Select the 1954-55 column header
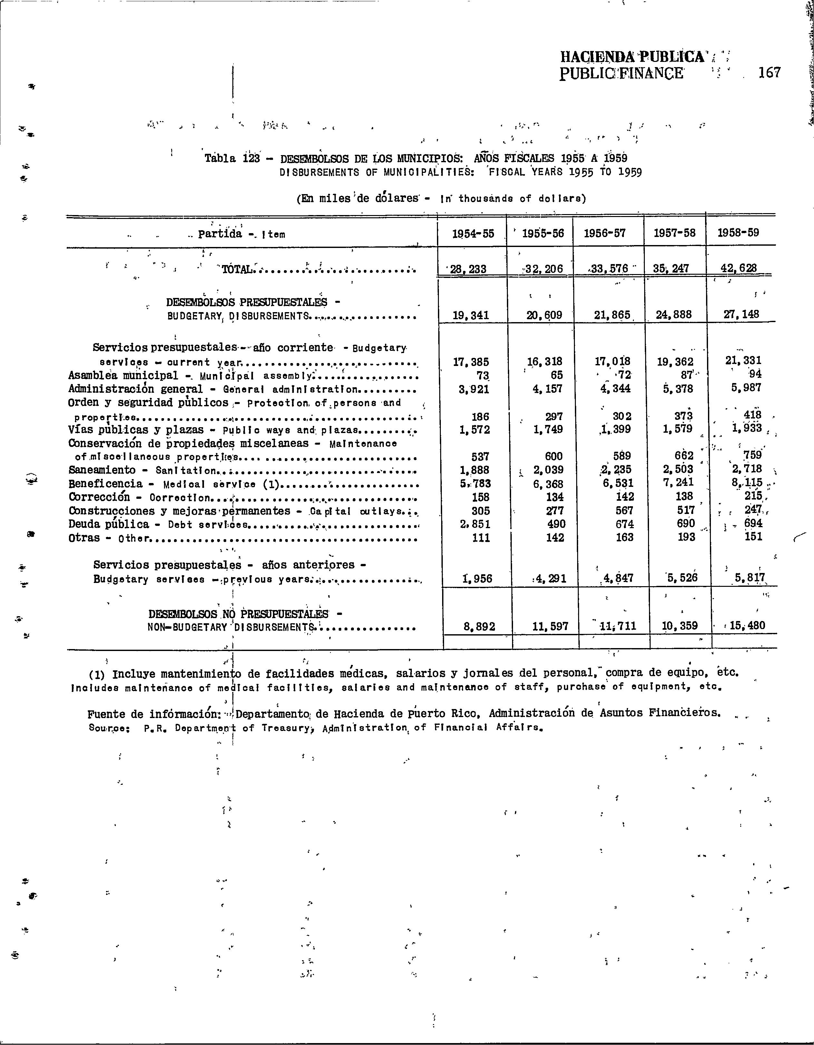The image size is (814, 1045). click(x=471, y=233)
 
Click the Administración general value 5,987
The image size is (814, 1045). click(x=746, y=388)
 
